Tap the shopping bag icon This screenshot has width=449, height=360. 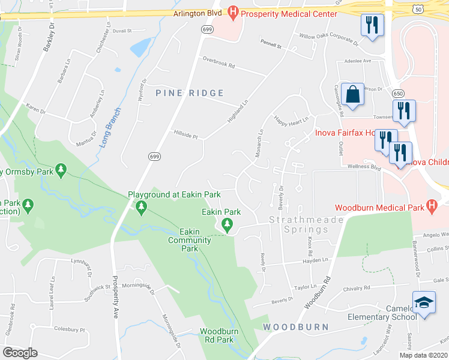click(352, 95)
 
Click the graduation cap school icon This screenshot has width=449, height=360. click(424, 303)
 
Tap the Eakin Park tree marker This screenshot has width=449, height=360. click(227, 225)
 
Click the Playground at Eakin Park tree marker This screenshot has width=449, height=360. click(142, 208)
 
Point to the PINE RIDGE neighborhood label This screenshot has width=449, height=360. click(190, 93)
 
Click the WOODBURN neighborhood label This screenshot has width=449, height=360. click(295, 327)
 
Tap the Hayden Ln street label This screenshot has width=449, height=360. click(316, 260)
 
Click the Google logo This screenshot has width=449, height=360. click(20, 352)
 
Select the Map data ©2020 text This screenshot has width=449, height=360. click(423, 355)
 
